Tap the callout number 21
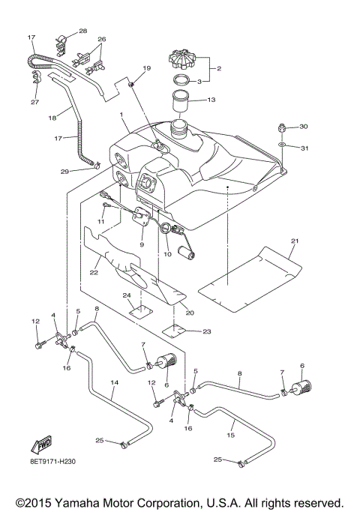(295, 241)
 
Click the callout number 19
(147, 69)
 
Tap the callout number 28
(82, 31)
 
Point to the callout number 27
(34, 103)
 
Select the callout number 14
(115, 382)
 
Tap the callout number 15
(231, 434)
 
